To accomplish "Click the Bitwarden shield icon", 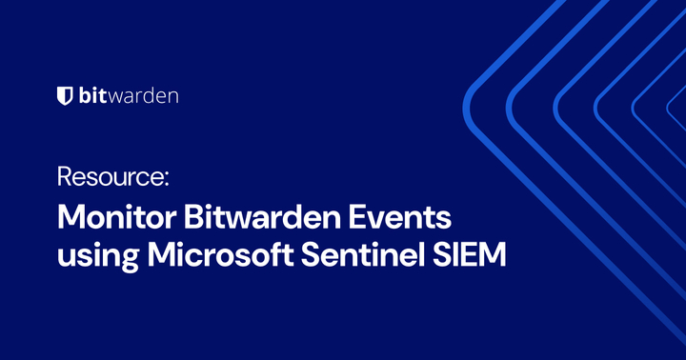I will coord(65,95).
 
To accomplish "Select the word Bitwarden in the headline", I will coord(256,216).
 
